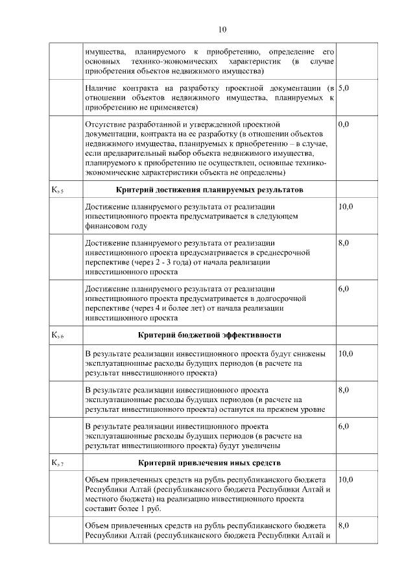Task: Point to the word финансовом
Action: click(108, 226)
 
